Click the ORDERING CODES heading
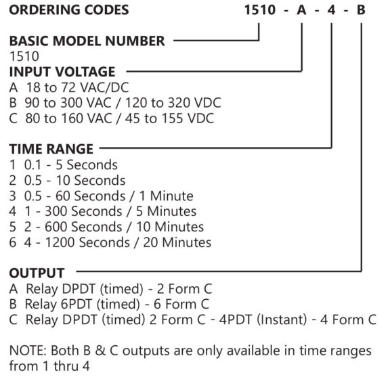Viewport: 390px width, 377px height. click(69, 10)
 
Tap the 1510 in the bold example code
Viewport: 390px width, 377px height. click(260, 10)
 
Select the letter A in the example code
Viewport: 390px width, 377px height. click(301, 10)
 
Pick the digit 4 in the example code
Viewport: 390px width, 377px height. click(331, 10)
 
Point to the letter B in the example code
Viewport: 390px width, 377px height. click(361, 10)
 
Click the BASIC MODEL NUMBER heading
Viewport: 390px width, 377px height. click(87, 41)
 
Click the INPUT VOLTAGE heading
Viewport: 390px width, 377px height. click(62, 72)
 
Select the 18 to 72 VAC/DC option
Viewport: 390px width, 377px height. click(69, 87)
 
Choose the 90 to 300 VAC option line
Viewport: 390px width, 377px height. click(115, 103)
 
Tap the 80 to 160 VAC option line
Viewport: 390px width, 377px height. click(112, 118)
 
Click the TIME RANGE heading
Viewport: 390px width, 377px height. click(51, 149)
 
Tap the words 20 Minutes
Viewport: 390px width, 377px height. click(177, 242)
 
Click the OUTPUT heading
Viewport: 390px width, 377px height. click(37, 273)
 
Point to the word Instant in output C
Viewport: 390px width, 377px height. click(282, 319)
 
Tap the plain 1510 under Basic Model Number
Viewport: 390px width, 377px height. click(24, 56)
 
